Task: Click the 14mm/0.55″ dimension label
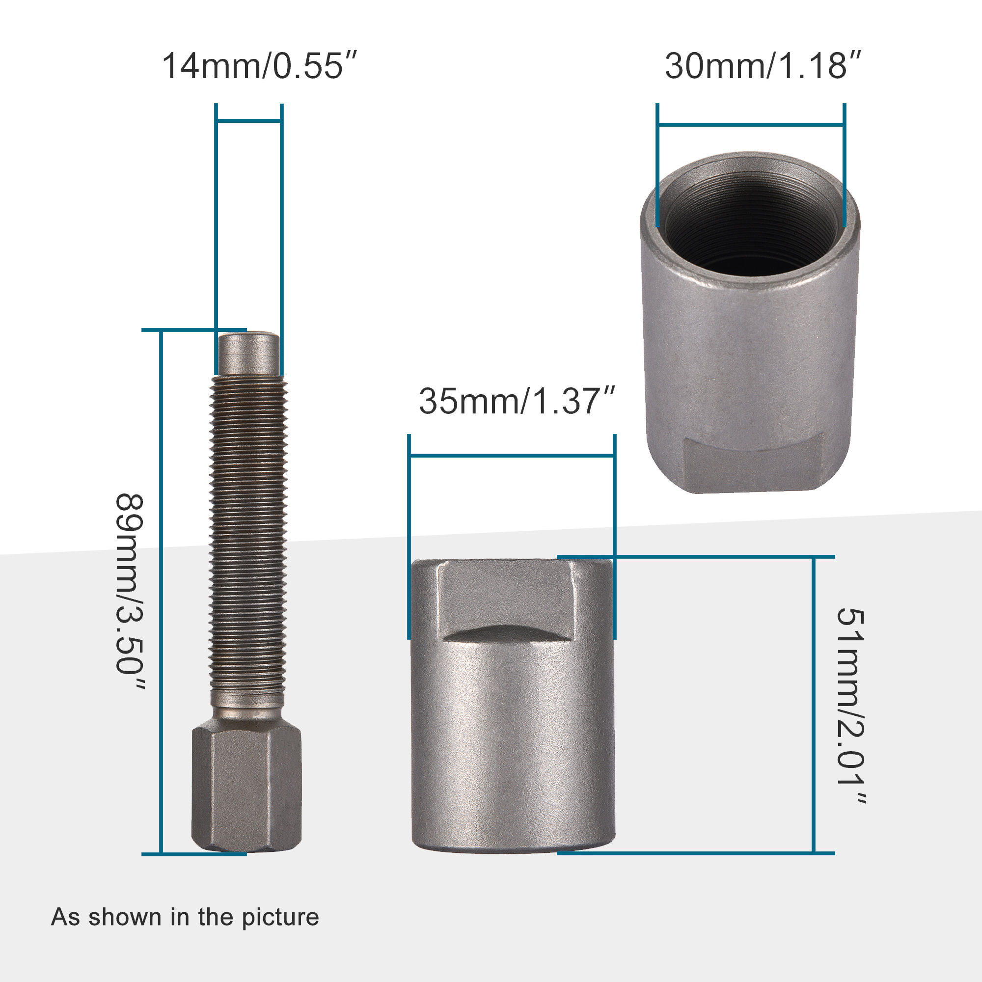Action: coord(259,66)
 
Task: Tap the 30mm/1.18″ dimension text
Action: coord(763,66)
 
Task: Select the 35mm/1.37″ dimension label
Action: coord(517,402)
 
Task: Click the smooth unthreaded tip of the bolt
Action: coord(248,354)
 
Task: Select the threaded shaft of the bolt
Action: coord(248,534)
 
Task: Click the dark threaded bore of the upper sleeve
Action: coord(750,223)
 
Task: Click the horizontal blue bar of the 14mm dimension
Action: coord(248,121)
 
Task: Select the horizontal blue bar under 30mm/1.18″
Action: coord(750,125)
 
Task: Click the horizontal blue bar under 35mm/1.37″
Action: coord(511,456)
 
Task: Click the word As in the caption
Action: coord(65,917)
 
